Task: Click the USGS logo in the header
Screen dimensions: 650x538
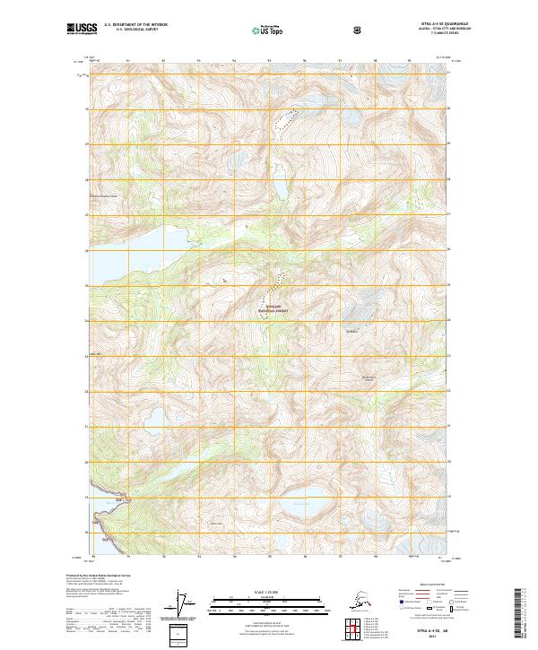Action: (x=82, y=30)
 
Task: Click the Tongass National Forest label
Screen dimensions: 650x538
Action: (x=275, y=308)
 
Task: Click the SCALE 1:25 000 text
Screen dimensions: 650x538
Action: (x=268, y=591)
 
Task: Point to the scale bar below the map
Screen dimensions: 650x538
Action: (x=268, y=601)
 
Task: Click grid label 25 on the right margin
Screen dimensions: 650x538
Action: (x=450, y=286)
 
